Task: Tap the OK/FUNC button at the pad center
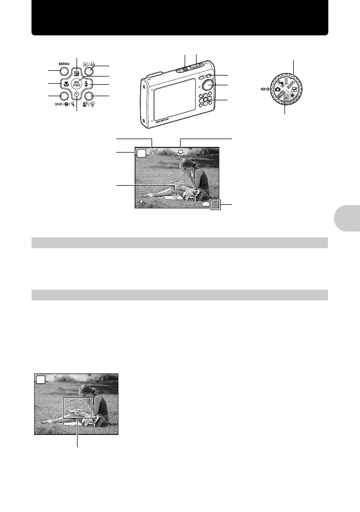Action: point(77,84)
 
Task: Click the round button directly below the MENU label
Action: point(64,72)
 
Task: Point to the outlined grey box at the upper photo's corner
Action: point(215,204)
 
